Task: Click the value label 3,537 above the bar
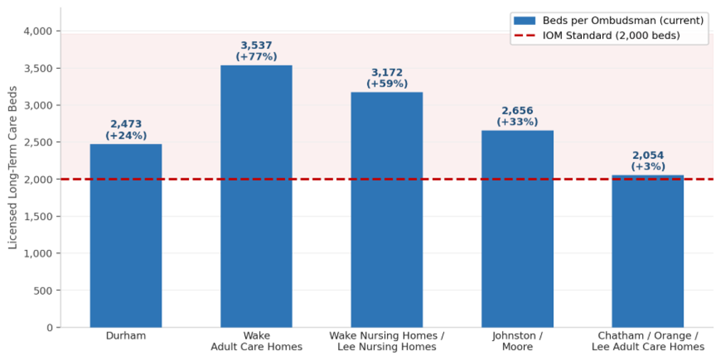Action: point(256,46)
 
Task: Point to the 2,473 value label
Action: point(126,124)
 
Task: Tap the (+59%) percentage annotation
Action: point(386,84)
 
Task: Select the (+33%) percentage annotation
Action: point(517,122)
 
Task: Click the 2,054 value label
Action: point(647,156)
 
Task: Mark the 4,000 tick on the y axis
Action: point(38,31)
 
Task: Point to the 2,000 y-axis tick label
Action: point(38,180)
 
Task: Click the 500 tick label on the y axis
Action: point(43,290)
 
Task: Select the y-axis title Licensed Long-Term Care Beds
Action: point(13,168)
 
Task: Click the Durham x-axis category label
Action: point(126,336)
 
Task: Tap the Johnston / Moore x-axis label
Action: point(517,342)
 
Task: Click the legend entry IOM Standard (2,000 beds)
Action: point(611,36)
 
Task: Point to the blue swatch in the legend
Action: point(524,21)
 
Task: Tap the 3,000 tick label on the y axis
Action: point(38,105)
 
